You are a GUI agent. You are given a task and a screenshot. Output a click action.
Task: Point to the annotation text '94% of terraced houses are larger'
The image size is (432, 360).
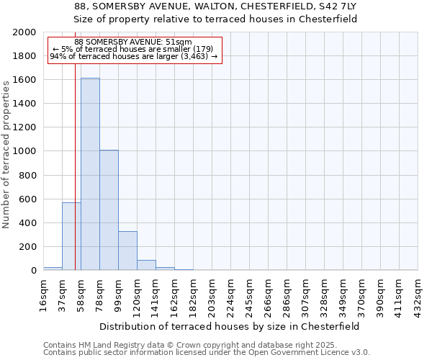[133, 56]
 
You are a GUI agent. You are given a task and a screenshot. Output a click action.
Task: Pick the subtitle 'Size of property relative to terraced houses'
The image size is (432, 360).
[216, 19]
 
